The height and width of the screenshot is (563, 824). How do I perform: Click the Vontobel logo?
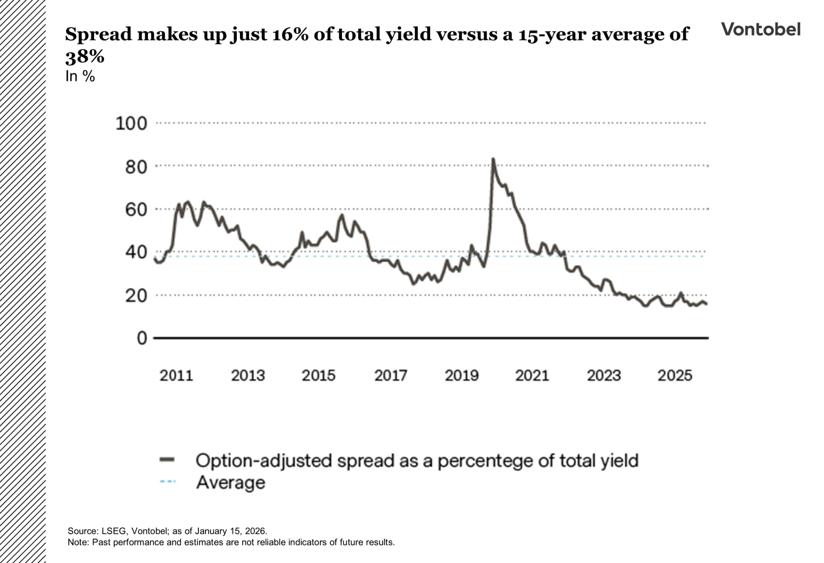(760, 29)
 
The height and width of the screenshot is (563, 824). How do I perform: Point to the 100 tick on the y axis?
(131, 123)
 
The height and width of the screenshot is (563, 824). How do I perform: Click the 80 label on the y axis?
(136, 167)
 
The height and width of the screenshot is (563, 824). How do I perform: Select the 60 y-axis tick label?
(136, 210)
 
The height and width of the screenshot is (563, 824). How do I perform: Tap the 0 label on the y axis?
(142, 338)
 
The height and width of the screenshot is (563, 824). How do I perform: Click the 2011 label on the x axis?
(176, 376)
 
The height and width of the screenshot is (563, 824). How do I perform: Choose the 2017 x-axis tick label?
(391, 376)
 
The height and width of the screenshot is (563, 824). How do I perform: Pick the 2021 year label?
(532, 376)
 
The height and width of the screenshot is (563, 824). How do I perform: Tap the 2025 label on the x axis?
(675, 376)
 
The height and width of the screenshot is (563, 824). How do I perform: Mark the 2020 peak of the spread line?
(493, 159)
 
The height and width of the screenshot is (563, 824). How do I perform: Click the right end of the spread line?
(706, 304)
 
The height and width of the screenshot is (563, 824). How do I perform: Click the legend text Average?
(230, 483)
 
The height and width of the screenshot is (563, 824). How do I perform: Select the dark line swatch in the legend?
(167, 460)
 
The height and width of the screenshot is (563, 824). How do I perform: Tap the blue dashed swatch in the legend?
(167, 482)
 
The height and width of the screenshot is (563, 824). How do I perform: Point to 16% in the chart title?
(290, 34)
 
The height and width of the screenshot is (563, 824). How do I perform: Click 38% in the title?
(85, 56)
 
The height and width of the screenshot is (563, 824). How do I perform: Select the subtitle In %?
(80, 76)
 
